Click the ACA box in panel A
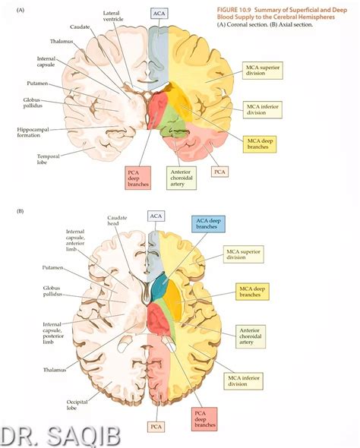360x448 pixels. [158, 14]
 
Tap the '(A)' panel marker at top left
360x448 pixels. [21, 10]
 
